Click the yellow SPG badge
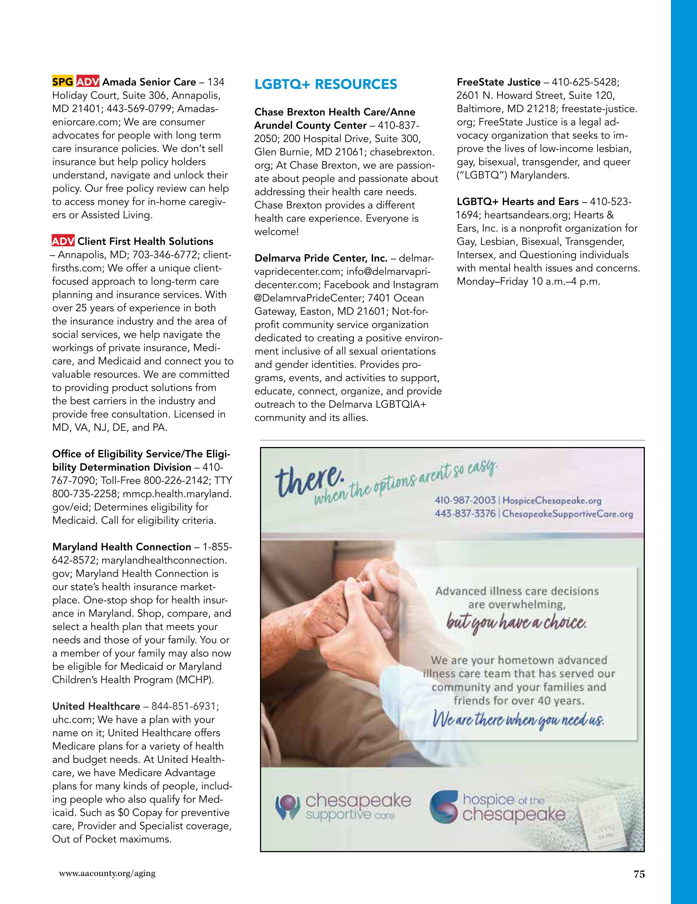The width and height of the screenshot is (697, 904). (x=63, y=81)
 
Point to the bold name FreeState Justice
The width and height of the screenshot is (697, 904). (x=499, y=82)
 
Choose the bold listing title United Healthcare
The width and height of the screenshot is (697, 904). (x=96, y=706)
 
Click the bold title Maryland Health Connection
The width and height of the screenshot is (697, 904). (x=122, y=547)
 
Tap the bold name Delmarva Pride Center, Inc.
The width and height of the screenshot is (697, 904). (x=321, y=258)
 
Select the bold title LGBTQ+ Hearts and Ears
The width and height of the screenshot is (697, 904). (x=517, y=201)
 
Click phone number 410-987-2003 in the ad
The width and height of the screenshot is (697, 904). (x=465, y=500)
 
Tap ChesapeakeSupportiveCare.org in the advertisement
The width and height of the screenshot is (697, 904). (x=567, y=514)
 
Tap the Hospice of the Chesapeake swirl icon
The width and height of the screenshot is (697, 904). (x=443, y=807)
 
